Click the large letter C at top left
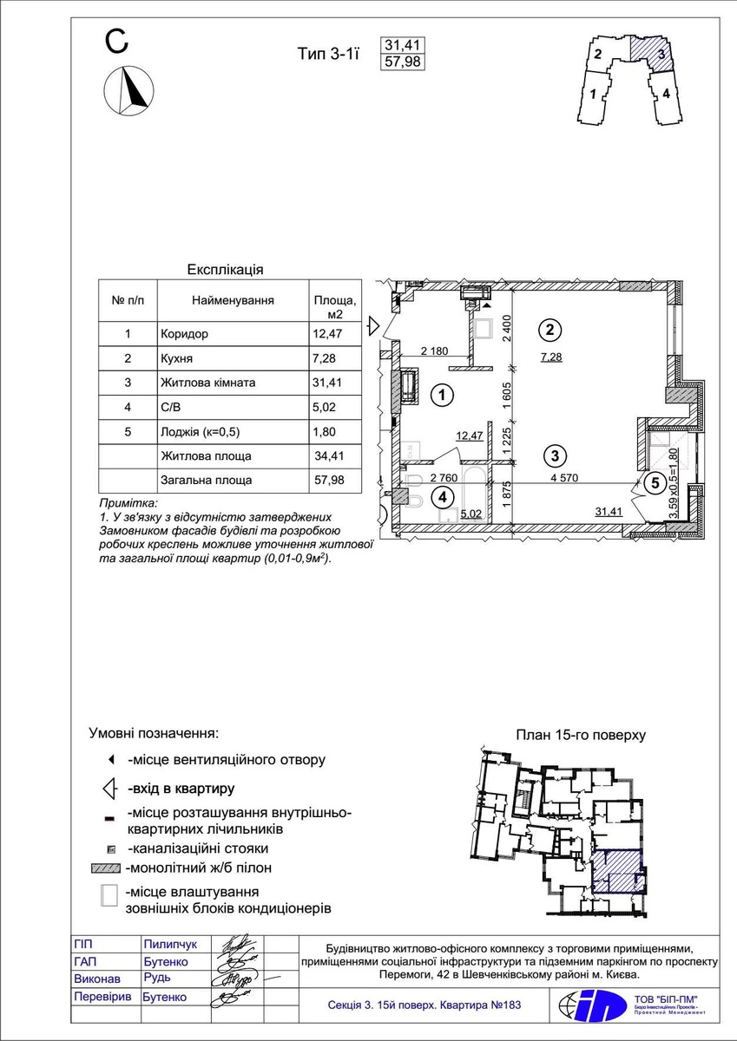pyautogui.click(x=118, y=41)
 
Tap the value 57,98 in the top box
pyautogui.click(x=403, y=62)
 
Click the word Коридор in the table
pyautogui.click(x=185, y=333)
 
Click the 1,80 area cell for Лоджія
pyautogui.click(x=325, y=430)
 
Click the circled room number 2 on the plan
pyautogui.click(x=549, y=330)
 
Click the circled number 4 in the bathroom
pyautogui.click(x=443, y=497)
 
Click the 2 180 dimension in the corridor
pyautogui.click(x=435, y=351)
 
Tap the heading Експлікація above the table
pyautogui.click(x=226, y=270)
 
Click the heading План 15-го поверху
pyautogui.click(x=581, y=735)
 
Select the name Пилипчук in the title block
pyautogui.click(x=170, y=944)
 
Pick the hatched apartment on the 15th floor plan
pyautogui.click(x=618, y=870)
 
